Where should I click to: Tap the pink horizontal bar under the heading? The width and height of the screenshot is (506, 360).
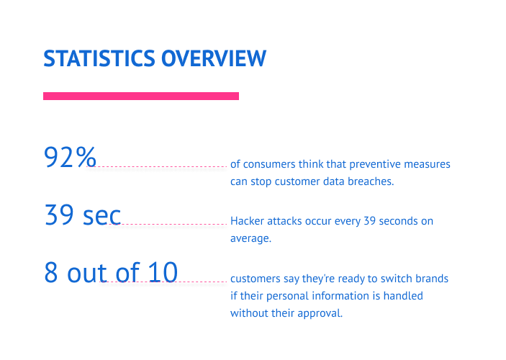click(x=141, y=96)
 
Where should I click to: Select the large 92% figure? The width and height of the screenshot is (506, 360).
click(x=70, y=157)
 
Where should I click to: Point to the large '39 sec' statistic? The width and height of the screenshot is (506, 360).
click(x=82, y=215)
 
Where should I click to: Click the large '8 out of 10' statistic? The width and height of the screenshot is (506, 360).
click(x=110, y=273)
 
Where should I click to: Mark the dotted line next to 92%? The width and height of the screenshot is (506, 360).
click(x=163, y=166)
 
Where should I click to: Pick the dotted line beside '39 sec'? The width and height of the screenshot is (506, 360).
click(x=174, y=224)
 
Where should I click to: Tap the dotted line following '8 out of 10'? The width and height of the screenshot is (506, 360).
click(x=202, y=282)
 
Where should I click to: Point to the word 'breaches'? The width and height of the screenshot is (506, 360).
click(x=370, y=181)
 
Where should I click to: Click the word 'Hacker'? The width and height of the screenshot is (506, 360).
click(x=247, y=221)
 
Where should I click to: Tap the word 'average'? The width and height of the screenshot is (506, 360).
click(x=250, y=238)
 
